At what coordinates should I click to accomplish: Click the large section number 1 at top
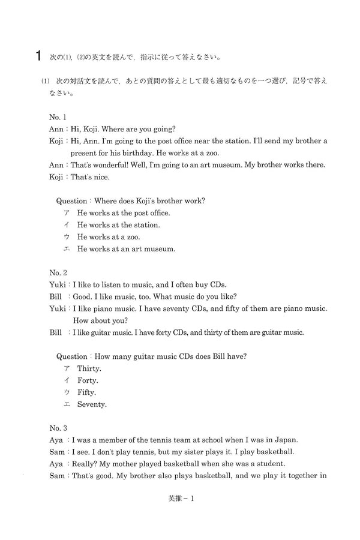coord(38,58)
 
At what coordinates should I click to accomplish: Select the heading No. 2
coord(58,272)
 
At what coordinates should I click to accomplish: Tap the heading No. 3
coord(58,428)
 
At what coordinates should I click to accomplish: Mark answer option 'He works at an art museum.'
coord(126,248)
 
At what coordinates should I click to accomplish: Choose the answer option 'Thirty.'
coord(89,368)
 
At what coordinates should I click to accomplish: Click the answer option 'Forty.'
coord(88,380)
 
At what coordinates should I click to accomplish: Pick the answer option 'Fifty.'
coord(86,392)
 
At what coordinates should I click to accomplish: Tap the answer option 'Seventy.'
coord(92,404)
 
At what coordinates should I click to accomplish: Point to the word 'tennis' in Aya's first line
coord(179,439)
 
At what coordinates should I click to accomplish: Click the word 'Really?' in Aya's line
coord(86,463)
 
